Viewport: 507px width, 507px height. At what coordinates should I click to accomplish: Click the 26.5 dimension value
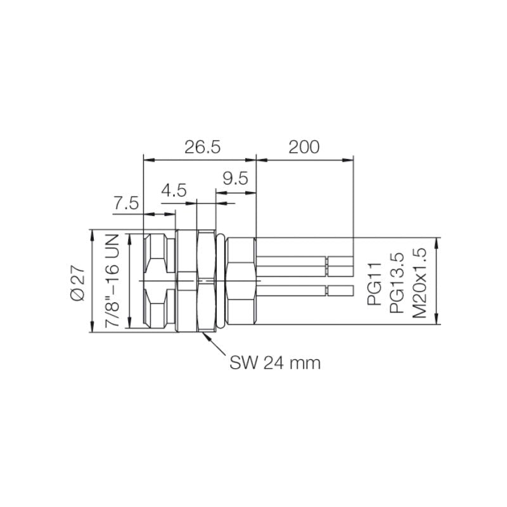pyautogui.click(x=202, y=147)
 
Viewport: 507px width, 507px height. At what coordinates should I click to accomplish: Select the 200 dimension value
pyautogui.click(x=304, y=147)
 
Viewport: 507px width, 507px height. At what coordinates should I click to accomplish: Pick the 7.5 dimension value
pyautogui.click(x=126, y=203)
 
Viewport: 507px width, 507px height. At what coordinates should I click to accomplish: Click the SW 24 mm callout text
pyautogui.click(x=275, y=363)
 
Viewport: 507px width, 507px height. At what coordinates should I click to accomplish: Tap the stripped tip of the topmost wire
pyautogui.click(x=340, y=260)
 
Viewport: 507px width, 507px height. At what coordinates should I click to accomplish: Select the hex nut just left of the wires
pyautogui.click(x=241, y=281)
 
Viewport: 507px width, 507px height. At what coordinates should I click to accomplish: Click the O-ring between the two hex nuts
pyautogui.click(x=221, y=281)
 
